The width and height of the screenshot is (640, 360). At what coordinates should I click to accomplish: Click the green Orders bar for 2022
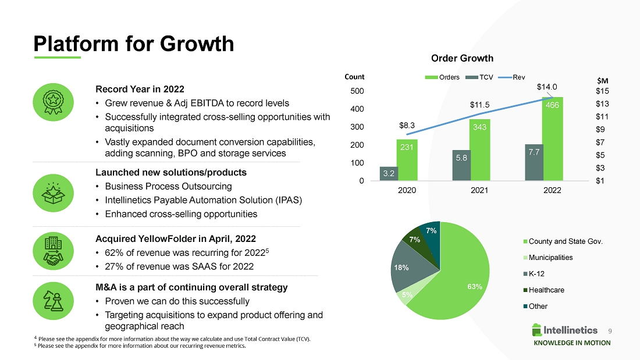[552, 140]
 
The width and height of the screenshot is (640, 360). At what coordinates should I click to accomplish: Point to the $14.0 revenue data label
[547, 87]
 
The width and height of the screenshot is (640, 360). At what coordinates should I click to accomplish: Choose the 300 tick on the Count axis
[355, 127]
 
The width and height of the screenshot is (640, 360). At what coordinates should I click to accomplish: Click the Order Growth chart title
[462, 58]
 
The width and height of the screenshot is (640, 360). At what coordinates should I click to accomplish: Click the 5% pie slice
[406, 295]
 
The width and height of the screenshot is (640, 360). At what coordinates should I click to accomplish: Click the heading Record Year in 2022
[140, 89]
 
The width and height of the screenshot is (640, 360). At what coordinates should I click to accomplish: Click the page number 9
[610, 330]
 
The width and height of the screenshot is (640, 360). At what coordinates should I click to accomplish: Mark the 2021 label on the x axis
[479, 190]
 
